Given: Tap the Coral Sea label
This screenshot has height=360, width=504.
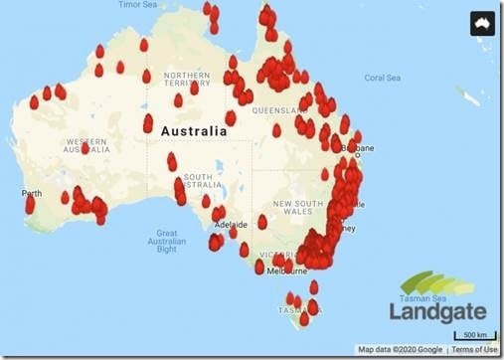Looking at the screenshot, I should tap(382, 78).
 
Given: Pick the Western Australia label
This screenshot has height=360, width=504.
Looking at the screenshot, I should tap(85, 147).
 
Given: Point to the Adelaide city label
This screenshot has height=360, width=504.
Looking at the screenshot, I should tap(232, 225).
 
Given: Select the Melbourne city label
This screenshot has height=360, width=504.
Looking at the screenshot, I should tap(288, 270).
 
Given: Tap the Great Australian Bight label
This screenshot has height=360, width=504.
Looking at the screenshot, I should tap(166, 241).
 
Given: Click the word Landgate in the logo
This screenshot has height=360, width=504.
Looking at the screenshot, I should tap(438, 311).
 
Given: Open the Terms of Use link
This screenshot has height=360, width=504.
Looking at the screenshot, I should tap(475, 350).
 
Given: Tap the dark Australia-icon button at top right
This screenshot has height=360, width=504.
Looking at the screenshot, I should tap(482, 23).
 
